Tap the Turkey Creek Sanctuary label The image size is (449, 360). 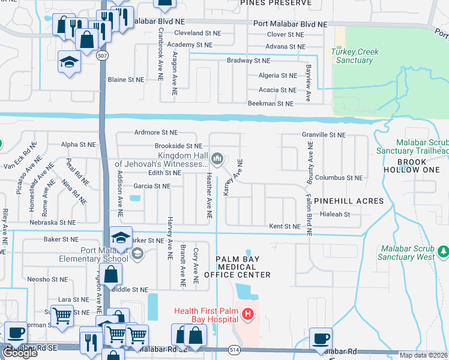point(355,56)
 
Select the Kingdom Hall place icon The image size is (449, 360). point(217,158)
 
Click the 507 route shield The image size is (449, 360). point(103,55)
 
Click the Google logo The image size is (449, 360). point(20,353)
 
